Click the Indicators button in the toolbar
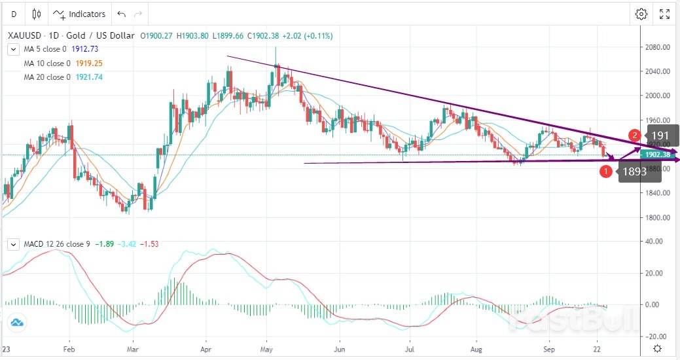[79, 14]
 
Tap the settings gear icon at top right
[641, 14]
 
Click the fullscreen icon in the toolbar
[664, 14]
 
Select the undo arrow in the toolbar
[121, 14]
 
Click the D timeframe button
[14, 14]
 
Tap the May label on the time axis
[266, 349]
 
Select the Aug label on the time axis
[479, 349]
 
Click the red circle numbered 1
[606, 171]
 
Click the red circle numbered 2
[634, 135]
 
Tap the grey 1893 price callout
[634, 172]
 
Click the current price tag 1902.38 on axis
[658, 154]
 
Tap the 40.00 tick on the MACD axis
[653, 241]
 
